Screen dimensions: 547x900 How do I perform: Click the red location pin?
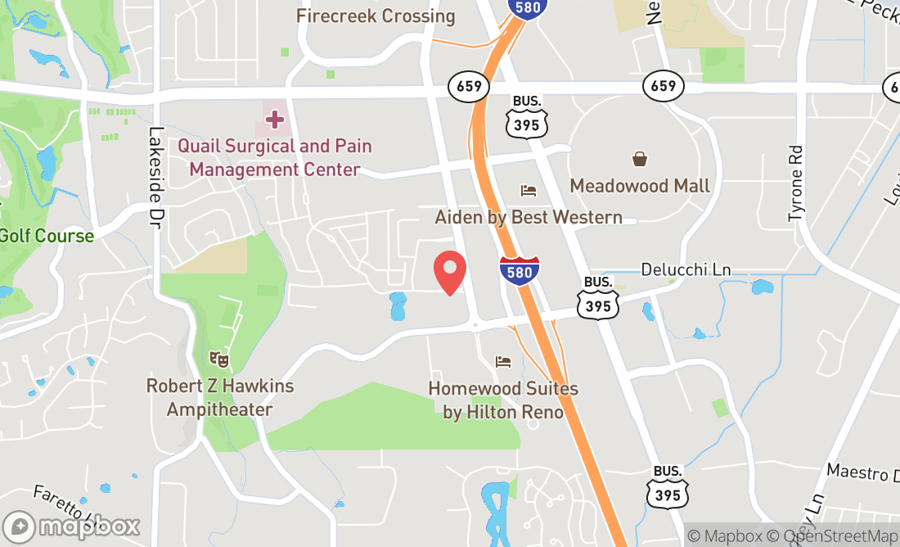coord(449,273)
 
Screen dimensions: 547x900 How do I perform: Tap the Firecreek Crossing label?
coord(376,16)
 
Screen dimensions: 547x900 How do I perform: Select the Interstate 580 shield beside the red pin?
coord(520,270)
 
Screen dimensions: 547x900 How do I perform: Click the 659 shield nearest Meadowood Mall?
coord(663,85)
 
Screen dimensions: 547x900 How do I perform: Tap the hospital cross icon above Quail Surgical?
coord(274,120)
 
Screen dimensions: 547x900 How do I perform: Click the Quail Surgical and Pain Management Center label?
coord(275,158)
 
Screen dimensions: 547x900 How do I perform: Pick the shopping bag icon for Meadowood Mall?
coord(639,159)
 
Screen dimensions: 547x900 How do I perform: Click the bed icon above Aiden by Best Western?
coord(529,191)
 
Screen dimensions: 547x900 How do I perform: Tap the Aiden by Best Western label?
coord(529,217)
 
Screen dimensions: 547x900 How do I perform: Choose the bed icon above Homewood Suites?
coord(503,362)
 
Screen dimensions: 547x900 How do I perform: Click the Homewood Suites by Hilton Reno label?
coord(503,400)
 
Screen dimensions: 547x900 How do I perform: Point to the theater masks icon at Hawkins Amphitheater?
coord(218,358)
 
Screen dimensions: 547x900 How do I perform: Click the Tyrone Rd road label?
coord(796,183)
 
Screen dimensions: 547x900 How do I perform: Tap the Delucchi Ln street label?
coord(686,269)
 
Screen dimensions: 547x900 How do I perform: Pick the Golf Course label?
coord(47,236)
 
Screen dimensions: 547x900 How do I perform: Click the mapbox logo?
coord(71,526)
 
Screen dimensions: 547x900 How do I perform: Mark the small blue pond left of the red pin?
coord(398,306)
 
